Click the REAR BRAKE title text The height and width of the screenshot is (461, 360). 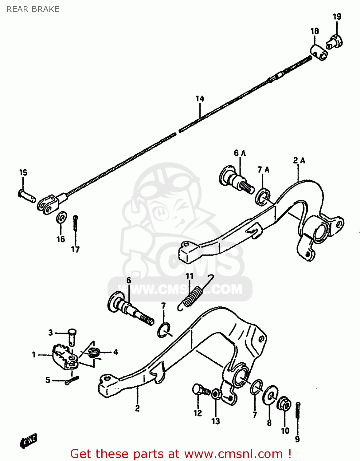pos(33,9)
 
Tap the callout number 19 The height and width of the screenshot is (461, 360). pos(337,17)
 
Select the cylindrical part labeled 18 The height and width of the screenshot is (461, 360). pos(318,52)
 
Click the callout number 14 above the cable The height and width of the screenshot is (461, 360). pos(200,99)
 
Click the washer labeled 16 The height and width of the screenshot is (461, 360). pos(61,218)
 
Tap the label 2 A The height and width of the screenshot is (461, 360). pos(299,160)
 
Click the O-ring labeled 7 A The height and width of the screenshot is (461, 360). pos(263,197)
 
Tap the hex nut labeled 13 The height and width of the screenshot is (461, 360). pos(216,394)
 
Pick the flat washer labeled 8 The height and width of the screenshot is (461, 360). pos(270,395)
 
